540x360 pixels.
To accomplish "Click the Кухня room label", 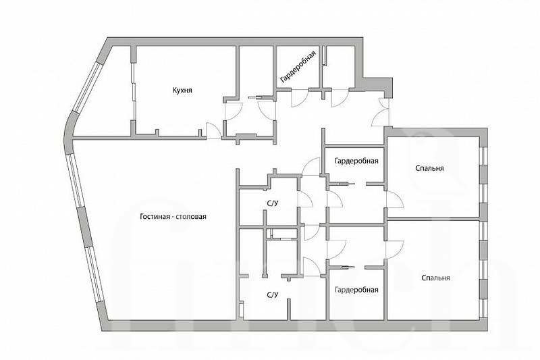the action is (182, 91).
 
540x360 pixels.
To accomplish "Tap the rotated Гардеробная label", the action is (298, 67).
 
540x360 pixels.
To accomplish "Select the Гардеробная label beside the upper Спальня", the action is (356, 161).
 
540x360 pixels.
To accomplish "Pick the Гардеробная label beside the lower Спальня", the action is (356, 290).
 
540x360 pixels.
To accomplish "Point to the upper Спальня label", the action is (429, 168).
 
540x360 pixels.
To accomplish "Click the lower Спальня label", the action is (435, 278).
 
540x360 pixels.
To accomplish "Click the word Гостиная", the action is (155, 217).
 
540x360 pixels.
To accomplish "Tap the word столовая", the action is (192, 217).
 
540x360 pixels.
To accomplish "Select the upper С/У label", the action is (272, 203).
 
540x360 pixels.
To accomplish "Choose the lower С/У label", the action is (272, 295).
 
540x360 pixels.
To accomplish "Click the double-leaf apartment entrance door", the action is (381, 112).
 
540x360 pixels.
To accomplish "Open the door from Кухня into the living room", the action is (214, 132).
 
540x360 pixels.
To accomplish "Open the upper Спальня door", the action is (394, 199).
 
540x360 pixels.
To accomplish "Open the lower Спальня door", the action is (394, 249).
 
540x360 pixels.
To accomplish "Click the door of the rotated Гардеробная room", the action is (300, 98).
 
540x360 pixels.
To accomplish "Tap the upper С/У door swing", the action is (305, 199).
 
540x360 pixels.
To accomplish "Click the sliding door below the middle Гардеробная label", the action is (346, 184).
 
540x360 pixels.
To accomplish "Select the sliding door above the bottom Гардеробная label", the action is (346, 266).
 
